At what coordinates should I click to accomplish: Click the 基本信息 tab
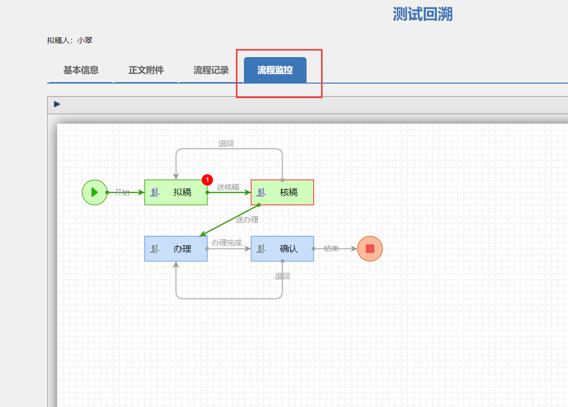(x=81, y=70)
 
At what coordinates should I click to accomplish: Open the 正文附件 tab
(x=146, y=70)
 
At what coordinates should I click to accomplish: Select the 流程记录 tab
(x=211, y=70)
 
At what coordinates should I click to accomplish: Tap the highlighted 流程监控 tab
(x=275, y=70)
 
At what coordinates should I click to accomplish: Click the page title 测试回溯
(x=422, y=15)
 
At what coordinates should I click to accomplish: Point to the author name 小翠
(x=85, y=41)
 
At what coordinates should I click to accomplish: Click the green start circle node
(x=95, y=192)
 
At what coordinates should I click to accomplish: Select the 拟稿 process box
(x=176, y=192)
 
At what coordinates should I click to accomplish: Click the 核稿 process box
(x=282, y=192)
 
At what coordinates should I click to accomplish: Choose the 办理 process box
(x=176, y=249)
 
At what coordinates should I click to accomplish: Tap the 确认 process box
(x=282, y=249)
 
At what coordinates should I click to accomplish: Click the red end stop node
(x=370, y=249)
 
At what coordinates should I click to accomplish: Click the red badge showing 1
(x=207, y=180)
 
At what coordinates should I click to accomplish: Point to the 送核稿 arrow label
(x=228, y=187)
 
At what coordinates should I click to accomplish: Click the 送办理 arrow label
(x=247, y=219)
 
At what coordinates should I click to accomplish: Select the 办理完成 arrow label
(x=226, y=243)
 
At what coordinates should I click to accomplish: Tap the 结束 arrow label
(x=331, y=248)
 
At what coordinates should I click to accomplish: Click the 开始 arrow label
(x=122, y=192)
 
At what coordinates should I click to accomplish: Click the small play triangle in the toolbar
(x=57, y=104)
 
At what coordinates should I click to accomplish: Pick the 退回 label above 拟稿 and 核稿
(x=226, y=143)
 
